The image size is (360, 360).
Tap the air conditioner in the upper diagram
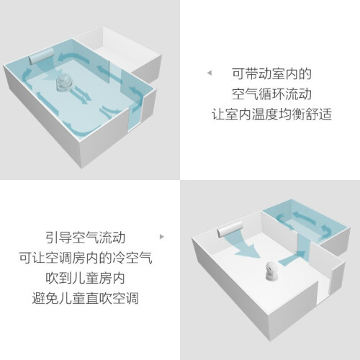pyautogui.click(x=41, y=55)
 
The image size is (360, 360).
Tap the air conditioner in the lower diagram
pyautogui.click(x=230, y=229)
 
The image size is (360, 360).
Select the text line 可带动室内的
pyautogui.click(x=271, y=74)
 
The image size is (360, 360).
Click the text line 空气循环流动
pyautogui.click(x=271, y=94)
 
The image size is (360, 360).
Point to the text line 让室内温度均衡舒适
pyautogui.click(x=271, y=114)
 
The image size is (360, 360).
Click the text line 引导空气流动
pyautogui.click(x=86, y=238)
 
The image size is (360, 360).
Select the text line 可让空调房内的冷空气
pyautogui.click(x=86, y=258)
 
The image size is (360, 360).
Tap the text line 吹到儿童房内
pyautogui.click(x=86, y=279)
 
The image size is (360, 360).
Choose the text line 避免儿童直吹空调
pyautogui.click(x=86, y=299)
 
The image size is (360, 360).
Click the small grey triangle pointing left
pyautogui.click(x=210, y=73)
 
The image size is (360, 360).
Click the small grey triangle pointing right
pyautogui.click(x=162, y=237)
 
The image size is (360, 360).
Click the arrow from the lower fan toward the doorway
pyautogui.click(x=292, y=258)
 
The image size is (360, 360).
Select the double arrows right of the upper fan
pyautogui.click(x=81, y=94)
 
